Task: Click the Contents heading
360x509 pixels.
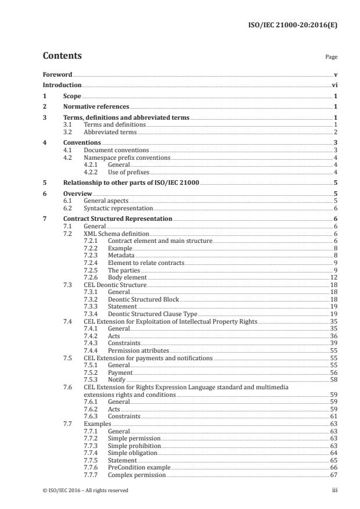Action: click(x=62, y=56)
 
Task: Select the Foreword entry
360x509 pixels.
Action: click(x=57, y=74)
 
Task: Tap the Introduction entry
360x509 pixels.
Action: click(x=62, y=85)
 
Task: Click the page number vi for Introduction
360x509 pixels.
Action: click(x=335, y=85)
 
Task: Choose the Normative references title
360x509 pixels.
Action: click(x=96, y=106)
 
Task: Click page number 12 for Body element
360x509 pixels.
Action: click(x=334, y=278)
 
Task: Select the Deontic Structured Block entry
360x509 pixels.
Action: click(x=143, y=299)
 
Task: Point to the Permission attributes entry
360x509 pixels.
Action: click(x=138, y=351)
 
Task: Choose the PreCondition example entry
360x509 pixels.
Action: click(x=139, y=467)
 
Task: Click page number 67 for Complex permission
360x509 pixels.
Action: click(x=334, y=475)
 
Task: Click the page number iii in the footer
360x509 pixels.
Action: click(x=334, y=490)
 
